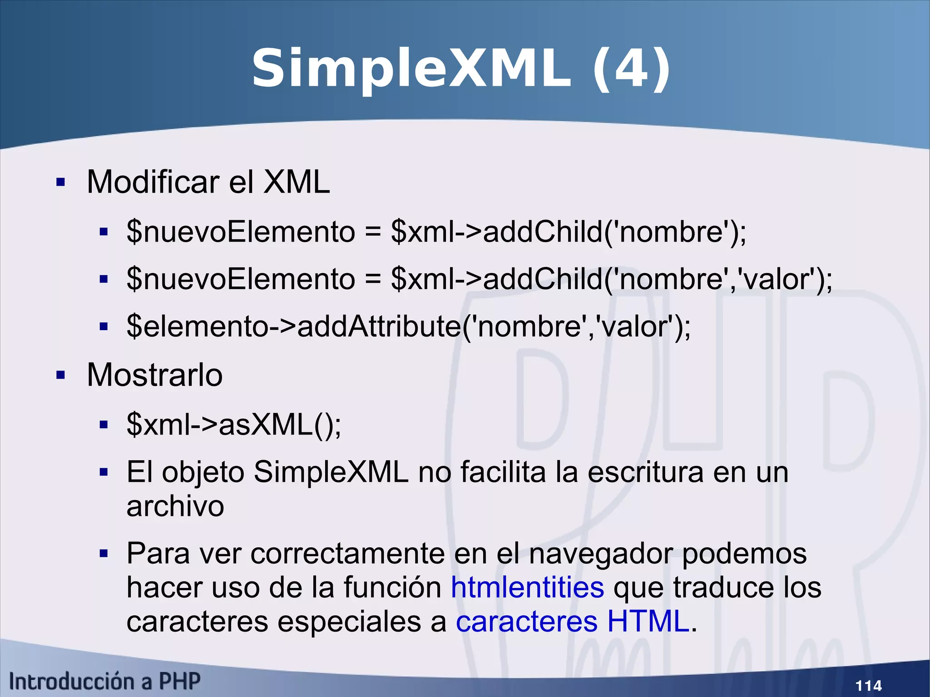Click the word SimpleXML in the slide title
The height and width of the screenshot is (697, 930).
pos(411,69)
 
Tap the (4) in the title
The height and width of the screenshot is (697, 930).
pos(632,69)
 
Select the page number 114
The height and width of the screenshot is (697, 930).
pos(868,685)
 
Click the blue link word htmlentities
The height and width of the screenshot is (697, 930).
pos(527,587)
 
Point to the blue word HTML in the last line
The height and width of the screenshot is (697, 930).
pos(648,621)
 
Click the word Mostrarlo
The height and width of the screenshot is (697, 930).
pos(154,375)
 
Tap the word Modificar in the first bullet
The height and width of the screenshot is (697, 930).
pos(153,182)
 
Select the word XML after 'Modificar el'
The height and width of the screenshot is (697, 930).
pos(297,182)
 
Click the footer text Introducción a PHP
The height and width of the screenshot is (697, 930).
pos(104,682)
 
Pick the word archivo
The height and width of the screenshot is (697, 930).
pos(175,506)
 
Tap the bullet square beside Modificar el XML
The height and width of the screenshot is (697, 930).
pos(61,183)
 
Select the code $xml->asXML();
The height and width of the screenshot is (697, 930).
pos(234,425)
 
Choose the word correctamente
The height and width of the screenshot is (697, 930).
pos(347,554)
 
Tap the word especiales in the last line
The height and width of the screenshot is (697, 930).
pos(349,622)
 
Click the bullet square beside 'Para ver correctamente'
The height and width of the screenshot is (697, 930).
pos(104,554)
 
